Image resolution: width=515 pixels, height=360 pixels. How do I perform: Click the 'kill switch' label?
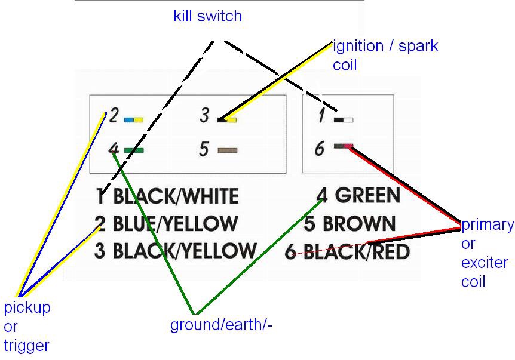[x=207, y=16]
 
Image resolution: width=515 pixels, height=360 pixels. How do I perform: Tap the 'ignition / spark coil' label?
[x=385, y=55]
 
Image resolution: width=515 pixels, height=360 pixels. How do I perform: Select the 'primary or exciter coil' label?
[x=487, y=253]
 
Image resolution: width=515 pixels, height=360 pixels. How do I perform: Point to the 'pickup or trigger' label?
[x=27, y=326]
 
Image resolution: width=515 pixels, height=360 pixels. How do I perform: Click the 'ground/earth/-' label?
[x=222, y=325]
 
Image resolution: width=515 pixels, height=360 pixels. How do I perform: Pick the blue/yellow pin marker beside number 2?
[x=133, y=119]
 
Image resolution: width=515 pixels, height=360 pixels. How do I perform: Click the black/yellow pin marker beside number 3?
[x=227, y=119]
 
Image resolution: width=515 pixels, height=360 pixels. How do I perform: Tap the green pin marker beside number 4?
[x=134, y=150]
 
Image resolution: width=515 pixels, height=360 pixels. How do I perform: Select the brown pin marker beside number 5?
[x=228, y=150]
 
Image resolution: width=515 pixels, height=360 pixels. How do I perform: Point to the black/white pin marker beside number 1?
[x=344, y=119]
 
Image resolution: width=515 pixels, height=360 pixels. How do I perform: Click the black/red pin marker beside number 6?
[x=344, y=146]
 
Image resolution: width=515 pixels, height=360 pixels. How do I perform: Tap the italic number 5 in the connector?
[x=204, y=149]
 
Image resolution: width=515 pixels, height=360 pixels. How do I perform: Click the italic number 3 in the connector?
[x=204, y=115]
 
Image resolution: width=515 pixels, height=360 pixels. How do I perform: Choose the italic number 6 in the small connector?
[x=320, y=148]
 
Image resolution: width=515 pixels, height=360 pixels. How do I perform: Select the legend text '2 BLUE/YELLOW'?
[x=166, y=224]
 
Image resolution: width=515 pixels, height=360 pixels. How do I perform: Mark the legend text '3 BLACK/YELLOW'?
[x=176, y=251]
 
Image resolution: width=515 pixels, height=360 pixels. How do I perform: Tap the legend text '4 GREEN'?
[x=358, y=195]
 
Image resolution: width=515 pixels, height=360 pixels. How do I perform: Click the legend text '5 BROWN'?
[x=350, y=224]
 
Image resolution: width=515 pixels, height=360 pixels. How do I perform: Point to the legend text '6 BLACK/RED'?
[x=347, y=251]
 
